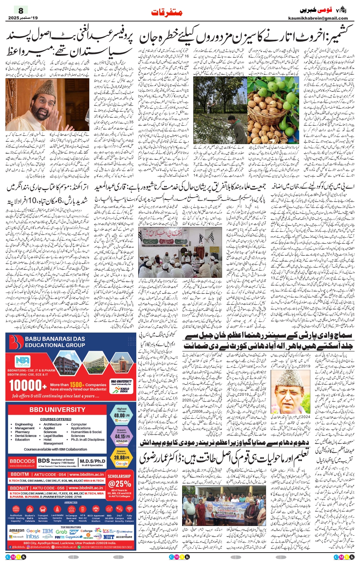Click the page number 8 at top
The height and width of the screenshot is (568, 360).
[21, 10]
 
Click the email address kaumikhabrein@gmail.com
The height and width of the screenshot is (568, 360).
[318, 18]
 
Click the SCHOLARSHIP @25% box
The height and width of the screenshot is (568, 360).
[119, 481]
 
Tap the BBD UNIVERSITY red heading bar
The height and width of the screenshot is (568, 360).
[57, 410]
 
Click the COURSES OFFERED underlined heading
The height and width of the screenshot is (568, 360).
[56, 419]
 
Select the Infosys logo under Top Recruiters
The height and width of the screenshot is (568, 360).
[33, 536]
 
